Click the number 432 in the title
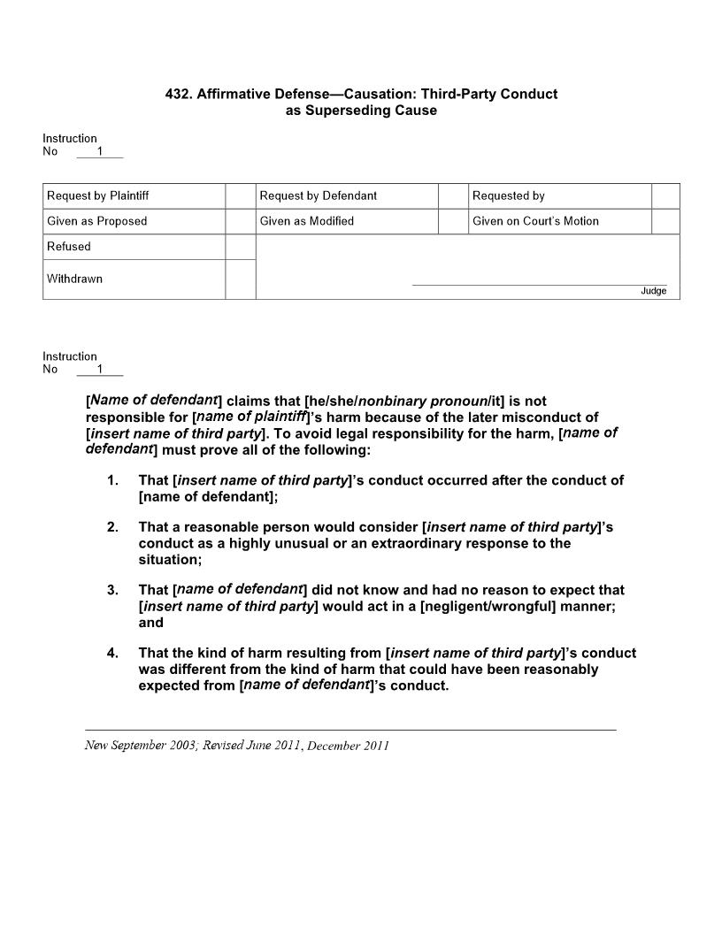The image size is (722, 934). click(x=179, y=94)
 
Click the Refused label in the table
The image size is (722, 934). click(x=69, y=247)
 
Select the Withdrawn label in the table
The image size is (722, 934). click(x=75, y=279)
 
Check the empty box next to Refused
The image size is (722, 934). click(x=240, y=247)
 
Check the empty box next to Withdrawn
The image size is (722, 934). click(x=240, y=279)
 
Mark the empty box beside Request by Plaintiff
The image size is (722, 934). click(x=240, y=195)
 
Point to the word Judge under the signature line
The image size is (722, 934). click(x=654, y=291)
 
